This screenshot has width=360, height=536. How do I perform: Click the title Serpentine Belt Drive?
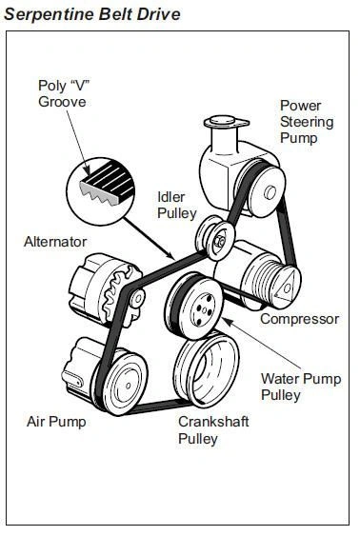click(x=92, y=14)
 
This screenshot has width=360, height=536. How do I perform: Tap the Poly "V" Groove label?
click(x=63, y=93)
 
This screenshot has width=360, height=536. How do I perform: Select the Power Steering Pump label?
click(x=307, y=122)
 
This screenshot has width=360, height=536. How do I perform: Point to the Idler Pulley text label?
click(x=177, y=205)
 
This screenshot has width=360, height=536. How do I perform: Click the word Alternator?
click(x=55, y=242)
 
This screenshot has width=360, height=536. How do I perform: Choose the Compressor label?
click(x=299, y=319)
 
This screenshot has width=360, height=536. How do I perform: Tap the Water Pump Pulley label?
click(x=301, y=387)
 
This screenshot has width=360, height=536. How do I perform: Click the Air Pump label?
click(x=56, y=422)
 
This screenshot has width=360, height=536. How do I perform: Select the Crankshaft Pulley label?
click(x=213, y=429)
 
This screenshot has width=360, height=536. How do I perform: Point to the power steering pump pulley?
click(x=266, y=192)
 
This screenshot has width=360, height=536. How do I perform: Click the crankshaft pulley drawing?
click(x=207, y=369)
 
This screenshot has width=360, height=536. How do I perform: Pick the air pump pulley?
click(x=125, y=385)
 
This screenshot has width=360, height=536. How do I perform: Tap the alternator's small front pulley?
click(x=137, y=299)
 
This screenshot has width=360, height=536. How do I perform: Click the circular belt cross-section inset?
click(x=101, y=191)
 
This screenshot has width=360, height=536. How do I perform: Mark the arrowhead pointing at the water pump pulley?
click(x=228, y=322)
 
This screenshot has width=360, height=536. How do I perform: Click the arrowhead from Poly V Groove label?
click(x=87, y=170)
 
